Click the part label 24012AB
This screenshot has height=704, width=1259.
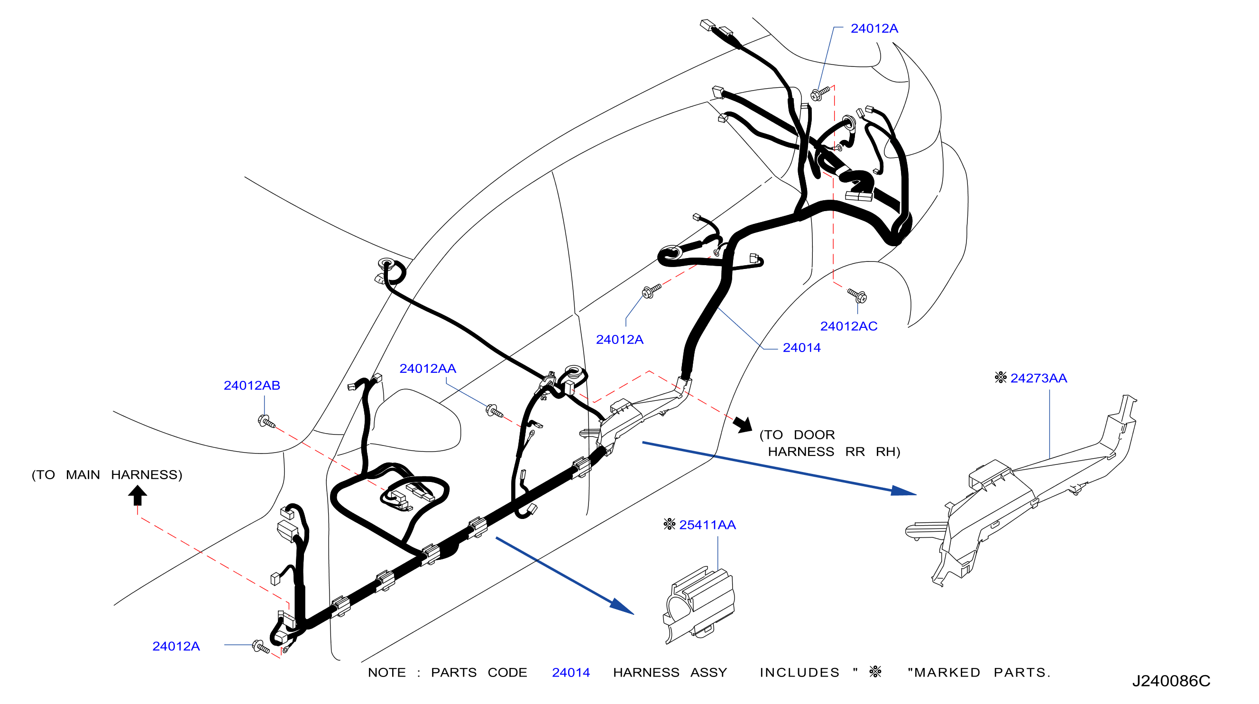(252, 386)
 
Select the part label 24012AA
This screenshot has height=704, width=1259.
(428, 369)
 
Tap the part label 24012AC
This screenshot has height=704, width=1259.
(848, 326)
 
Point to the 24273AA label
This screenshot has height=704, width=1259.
(1038, 378)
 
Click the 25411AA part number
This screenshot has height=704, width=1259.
(707, 525)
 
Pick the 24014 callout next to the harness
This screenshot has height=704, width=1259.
(801, 348)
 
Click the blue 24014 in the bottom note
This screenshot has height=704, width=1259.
(571, 673)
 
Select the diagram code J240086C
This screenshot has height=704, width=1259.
(1171, 681)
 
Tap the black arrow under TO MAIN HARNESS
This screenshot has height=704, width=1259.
(138, 495)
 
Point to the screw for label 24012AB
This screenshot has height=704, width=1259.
(267, 422)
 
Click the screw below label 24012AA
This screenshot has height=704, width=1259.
(494, 411)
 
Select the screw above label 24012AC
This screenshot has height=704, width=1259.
(857, 295)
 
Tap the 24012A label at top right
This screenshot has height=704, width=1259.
(874, 28)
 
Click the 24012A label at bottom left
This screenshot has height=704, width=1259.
(176, 646)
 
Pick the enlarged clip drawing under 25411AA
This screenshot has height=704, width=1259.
(699, 605)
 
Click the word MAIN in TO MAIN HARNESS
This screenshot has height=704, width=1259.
(83, 475)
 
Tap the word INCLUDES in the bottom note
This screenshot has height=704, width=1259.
(799, 673)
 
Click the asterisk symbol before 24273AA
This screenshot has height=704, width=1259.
(1001, 378)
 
